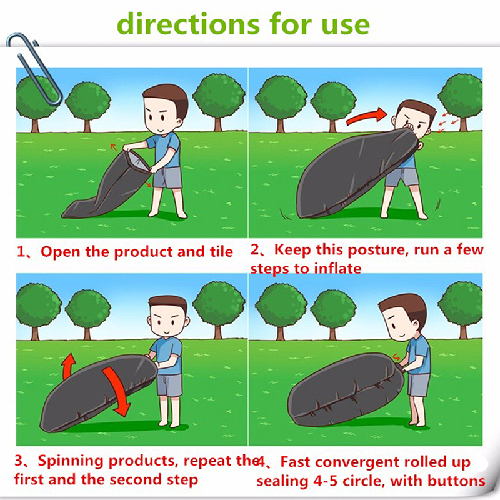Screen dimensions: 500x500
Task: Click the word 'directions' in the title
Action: click(189, 24)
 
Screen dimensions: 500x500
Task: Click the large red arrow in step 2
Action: click(367, 116)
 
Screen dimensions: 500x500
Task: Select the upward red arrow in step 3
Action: click(69, 366)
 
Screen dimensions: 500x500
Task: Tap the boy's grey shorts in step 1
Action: click(167, 177)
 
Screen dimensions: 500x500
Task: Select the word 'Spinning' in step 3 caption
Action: click(71, 462)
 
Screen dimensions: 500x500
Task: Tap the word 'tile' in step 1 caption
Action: click(221, 251)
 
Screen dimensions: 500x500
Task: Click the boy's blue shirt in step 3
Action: click(166, 354)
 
